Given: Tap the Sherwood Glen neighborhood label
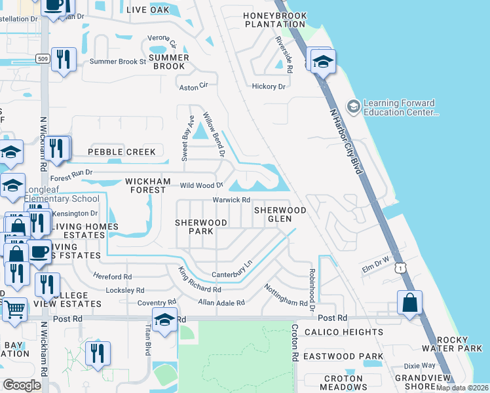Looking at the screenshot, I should [x=280, y=215].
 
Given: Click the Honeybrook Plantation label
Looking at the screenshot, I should [x=274, y=20].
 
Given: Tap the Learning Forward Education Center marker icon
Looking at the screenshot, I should [x=354, y=106].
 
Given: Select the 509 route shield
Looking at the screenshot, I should [x=42, y=58].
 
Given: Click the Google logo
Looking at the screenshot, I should [x=22, y=384].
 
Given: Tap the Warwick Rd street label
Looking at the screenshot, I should [x=231, y=200].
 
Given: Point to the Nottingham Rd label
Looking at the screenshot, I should [x=286, y=295].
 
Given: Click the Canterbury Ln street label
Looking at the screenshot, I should [x=232, y=269].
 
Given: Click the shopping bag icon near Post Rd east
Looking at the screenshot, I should [x=409, y=303].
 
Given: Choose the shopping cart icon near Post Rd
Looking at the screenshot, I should [x=14, y=309].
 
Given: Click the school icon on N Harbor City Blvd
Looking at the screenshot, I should [x=322, y=62].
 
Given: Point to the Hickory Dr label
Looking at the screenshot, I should [x=269, y=86].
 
